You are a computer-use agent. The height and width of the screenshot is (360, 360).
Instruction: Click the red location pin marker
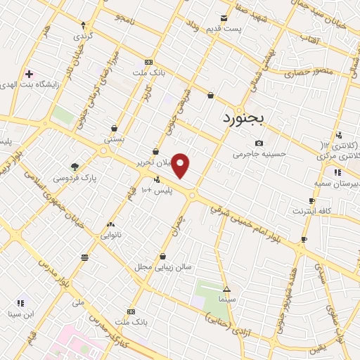click(181, 165)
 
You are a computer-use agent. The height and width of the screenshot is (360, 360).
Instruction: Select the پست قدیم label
click(225, 28)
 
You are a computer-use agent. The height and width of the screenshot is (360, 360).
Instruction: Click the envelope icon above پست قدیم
click(224, 18)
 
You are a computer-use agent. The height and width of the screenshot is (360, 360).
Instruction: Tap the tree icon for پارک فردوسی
click(75, 166)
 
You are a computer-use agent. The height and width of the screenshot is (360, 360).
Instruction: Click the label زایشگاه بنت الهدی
click(66, 82)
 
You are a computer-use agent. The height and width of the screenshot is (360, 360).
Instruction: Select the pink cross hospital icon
click(29, 74)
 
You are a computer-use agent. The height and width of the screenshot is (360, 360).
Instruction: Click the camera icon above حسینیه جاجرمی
click(259, 143)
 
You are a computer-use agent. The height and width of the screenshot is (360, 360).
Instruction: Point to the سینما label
click(226, 299)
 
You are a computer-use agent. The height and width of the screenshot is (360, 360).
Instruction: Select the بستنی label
click(114, 139)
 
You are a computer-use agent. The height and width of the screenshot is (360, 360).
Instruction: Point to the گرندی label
click(82, 34)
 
